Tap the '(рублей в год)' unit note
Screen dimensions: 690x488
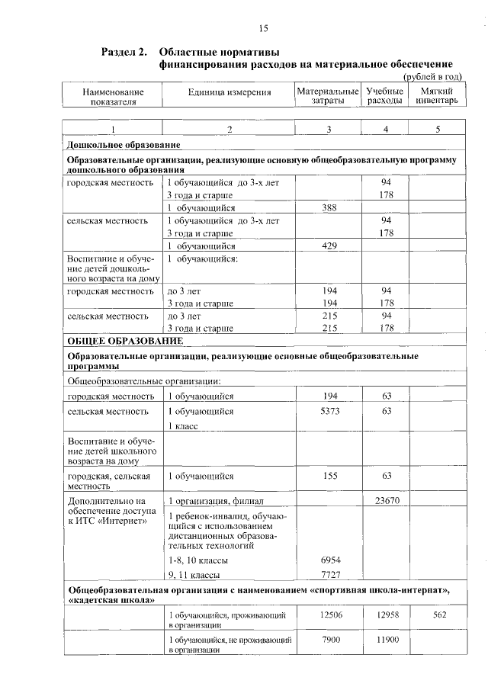(x=432, y=76)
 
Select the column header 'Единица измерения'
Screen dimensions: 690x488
(x=230, y=92)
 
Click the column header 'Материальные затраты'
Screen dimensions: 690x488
(x=327, y=96)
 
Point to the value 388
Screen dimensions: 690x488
(x=330, y=207)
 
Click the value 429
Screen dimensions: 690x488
(x=330, y=246)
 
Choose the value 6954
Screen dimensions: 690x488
(x=330, y=559)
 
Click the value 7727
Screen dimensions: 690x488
(x=330, y=573)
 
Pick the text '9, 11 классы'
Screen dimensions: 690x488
(x=194, y=574)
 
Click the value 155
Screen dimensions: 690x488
(x=330, y=476)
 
